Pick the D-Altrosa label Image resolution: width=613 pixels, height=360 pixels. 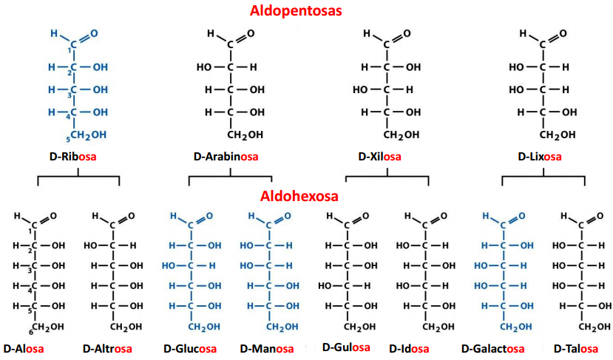(107, 347)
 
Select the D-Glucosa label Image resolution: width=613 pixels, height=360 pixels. (190, 347)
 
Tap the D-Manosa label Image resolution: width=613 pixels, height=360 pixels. (266, 347)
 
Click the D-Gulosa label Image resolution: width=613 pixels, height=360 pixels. (347, 347)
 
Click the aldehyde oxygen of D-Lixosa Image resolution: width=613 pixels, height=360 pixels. (563, 34)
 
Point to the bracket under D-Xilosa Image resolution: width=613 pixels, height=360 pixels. (387, 177)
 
